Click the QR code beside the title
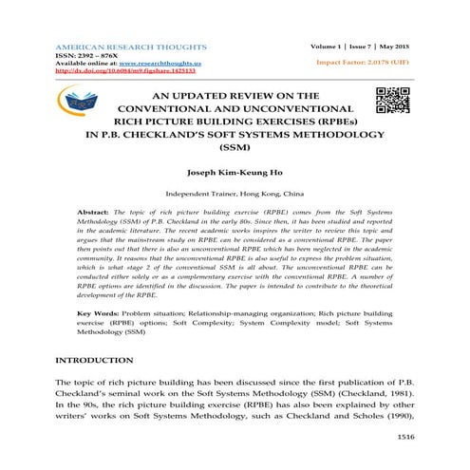click(x=393, y=100)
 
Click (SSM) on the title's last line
click(x=234, y=149)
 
